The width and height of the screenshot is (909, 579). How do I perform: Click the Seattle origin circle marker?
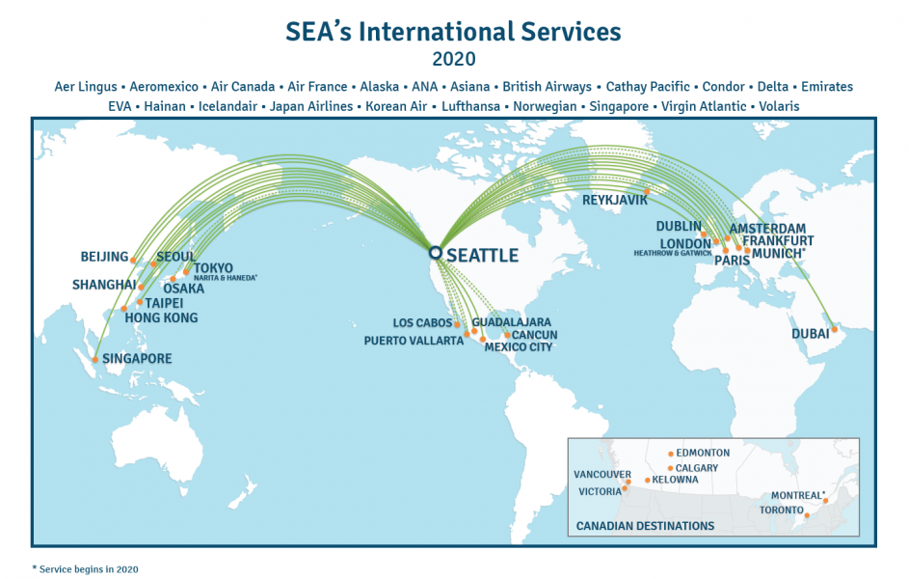[x=436, y=253]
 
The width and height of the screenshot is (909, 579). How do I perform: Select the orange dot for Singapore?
[x=94, y=360]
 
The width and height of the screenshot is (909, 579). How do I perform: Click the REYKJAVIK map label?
[x=615, y=201]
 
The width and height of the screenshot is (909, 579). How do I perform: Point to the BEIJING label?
[x=104, y=257]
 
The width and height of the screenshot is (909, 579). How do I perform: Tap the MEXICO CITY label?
[x=519, y=346]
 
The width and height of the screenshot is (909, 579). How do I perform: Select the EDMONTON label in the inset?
[x=703, y=453]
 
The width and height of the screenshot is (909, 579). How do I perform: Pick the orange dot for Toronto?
[x=807, y=515]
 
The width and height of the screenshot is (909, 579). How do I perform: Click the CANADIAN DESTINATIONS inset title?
[x=645, y=526]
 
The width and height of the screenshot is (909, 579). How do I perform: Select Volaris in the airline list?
[x=779, y=106]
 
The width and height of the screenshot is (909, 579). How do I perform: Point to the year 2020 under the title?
[x=454, y=59]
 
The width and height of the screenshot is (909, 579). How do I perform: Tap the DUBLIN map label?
[x=679, y=226]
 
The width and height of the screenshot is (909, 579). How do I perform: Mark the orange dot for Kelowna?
[x=647, y=480]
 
